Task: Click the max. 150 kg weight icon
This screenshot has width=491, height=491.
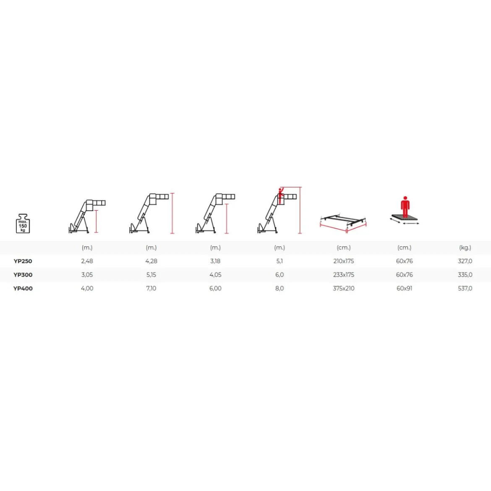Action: (x=23, y=223)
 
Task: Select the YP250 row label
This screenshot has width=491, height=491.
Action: (x=23, y=261)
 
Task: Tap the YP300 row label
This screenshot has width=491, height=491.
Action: (x=23, y=275)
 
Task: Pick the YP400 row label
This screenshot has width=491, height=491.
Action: (x=23, y=288)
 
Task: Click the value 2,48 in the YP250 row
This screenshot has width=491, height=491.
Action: (x=87, y=261)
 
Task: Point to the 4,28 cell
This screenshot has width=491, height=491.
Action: (x=151, y=261)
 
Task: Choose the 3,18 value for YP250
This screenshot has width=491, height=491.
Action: (x=215, y=261)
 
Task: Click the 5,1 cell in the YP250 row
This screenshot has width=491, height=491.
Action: (x=279, y=261)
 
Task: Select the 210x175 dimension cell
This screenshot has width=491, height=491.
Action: (x=344, y=261)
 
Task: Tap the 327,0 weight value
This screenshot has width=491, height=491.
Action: (x=465, y=261)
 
